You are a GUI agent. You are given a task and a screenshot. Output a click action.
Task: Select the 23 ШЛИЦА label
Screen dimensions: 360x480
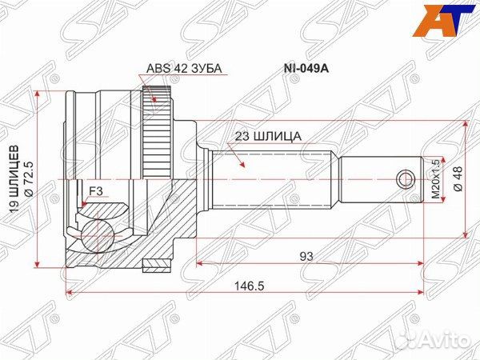(269, 136)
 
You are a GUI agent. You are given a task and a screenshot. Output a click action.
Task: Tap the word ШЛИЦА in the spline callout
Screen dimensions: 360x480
(280, 136)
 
